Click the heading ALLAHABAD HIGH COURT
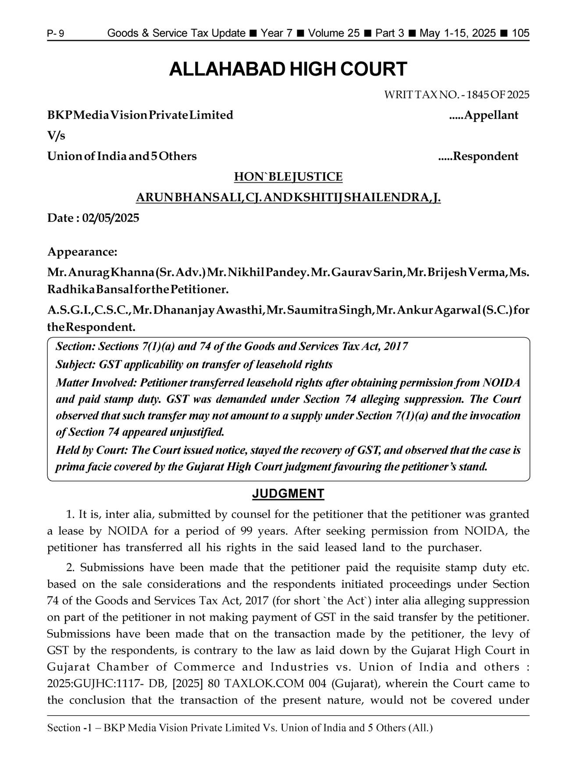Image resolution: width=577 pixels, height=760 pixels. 288,70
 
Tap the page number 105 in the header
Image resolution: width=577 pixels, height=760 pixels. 520,33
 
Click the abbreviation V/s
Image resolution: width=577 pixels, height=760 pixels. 56,136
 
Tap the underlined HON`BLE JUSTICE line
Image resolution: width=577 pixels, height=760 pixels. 288,177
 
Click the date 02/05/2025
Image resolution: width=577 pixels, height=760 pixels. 110,218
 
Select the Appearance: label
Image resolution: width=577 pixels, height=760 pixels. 82,252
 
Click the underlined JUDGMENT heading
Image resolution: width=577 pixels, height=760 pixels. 288,494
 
